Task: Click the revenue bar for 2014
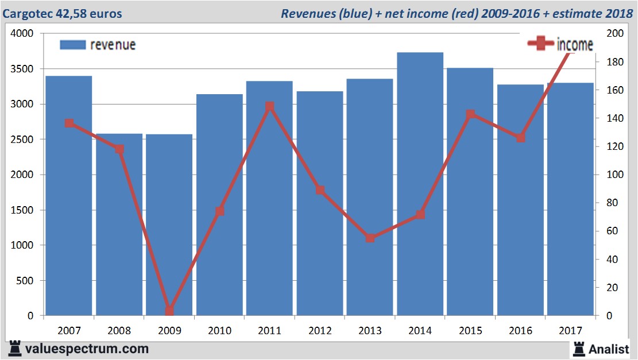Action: pos(420,184)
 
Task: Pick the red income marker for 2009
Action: pos(169,311)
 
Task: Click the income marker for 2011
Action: pos(270,107)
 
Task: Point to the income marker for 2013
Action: pos(370,238)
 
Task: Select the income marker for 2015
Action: pos(470,114)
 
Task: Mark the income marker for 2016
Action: pos(520,138)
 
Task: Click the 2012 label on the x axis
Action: pos(319,331)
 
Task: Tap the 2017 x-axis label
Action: pos(570,331)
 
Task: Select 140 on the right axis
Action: pos(614,118)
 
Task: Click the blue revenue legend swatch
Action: pos(73,45)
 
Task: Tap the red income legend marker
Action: pos(540,44)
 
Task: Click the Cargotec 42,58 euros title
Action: pos(63,13)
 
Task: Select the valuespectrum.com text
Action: pos(86,349)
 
